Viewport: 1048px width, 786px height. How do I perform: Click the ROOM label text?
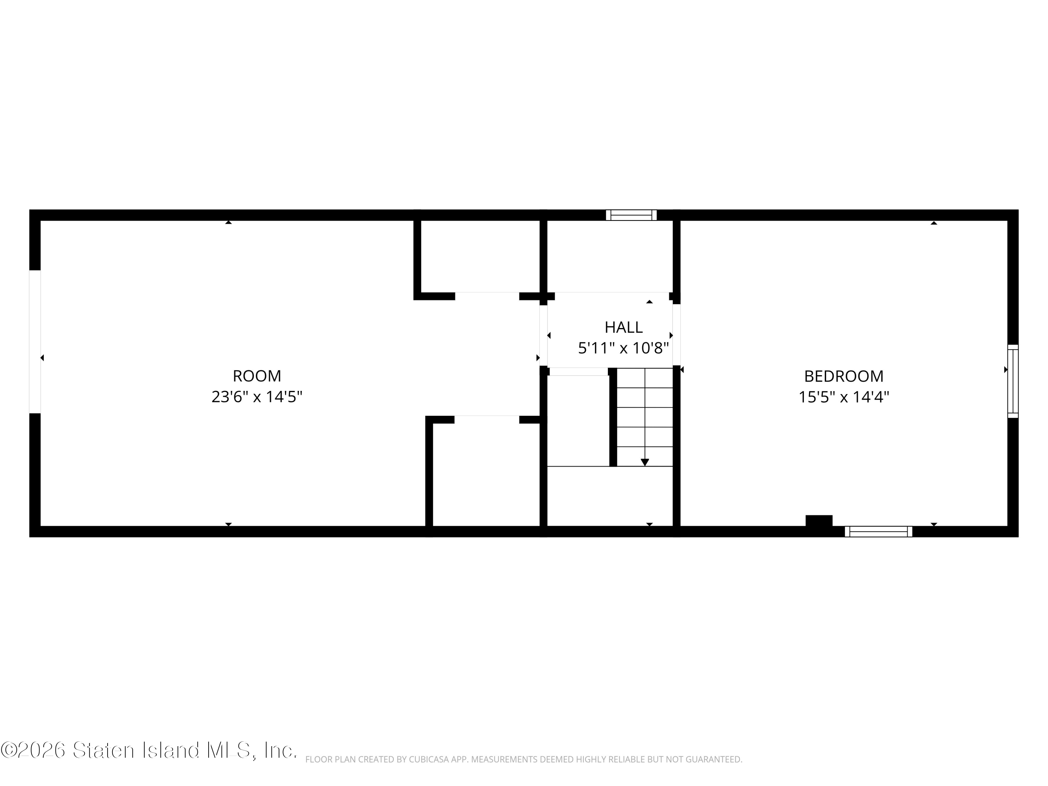[x=257, y=376]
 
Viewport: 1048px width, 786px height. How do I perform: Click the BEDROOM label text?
[x=844, y=376]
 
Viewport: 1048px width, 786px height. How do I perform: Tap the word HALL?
[x=624, y=327]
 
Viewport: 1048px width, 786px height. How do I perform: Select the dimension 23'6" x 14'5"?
[x=257, y=396]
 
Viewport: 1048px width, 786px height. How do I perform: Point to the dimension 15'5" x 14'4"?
[x=844, y=396]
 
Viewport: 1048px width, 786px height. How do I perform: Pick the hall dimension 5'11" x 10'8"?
[x=624, y=348]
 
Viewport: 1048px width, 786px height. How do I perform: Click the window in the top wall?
[x=631, y=215]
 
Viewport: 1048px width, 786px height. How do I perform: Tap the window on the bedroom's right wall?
[x=1012, y=381]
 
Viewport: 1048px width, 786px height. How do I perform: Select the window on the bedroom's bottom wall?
[x=878, y=532]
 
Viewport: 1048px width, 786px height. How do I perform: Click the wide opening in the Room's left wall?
[x=35, y=342]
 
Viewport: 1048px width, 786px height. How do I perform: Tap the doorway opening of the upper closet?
[x=487, y=296]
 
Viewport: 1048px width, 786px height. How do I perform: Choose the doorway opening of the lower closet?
[x=487, y=419]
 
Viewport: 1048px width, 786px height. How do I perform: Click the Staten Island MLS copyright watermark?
[x=148, y=750]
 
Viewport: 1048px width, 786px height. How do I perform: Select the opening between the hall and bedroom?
[x=677, y=335]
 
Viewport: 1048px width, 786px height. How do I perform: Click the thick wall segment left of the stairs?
[x=613, y=417]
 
